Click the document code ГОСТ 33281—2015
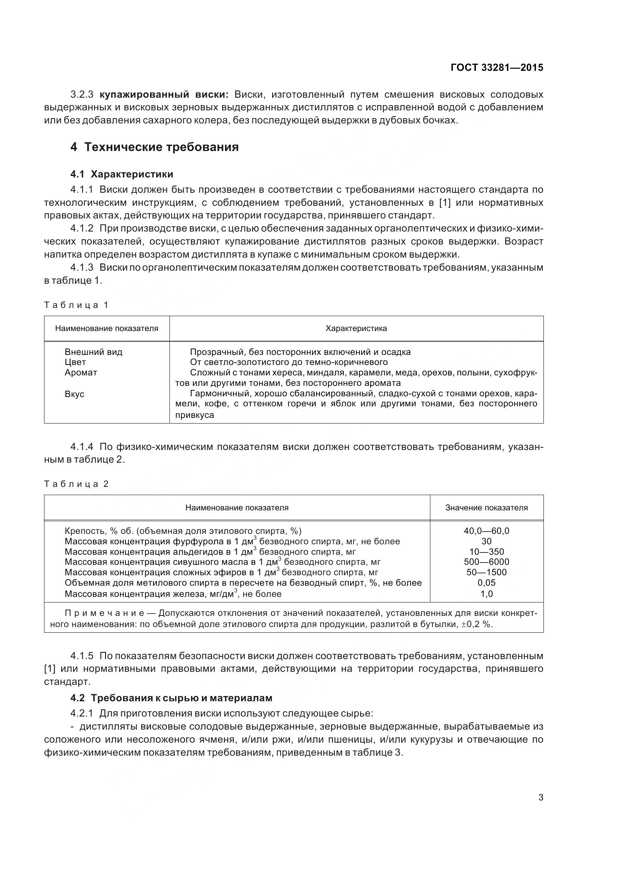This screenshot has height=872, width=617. (497, 68)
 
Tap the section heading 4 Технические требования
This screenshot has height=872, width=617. (155, 147)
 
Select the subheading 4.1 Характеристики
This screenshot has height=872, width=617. (122, 174)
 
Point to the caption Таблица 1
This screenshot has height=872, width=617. (77, 305)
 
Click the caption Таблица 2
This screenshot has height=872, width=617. (77, 484)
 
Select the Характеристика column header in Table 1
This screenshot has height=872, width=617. (356, 328)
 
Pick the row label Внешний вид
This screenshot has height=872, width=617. (94, 352)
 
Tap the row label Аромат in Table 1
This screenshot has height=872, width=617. (81, 372)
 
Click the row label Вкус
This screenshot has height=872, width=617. (75, 394)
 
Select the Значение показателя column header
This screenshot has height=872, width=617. (486, 508)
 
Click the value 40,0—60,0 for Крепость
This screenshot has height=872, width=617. (486, 531)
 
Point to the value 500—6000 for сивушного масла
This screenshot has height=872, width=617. (486, 562)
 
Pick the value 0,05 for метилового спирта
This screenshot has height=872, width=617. (486, 583)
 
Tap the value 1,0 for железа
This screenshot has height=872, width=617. (486, 594)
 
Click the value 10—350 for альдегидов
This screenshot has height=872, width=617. (486, 552)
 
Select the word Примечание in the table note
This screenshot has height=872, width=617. (104, 613)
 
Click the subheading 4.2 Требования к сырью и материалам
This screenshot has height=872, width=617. (171, 698)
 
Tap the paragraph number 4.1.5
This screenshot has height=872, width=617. (82, 656)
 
